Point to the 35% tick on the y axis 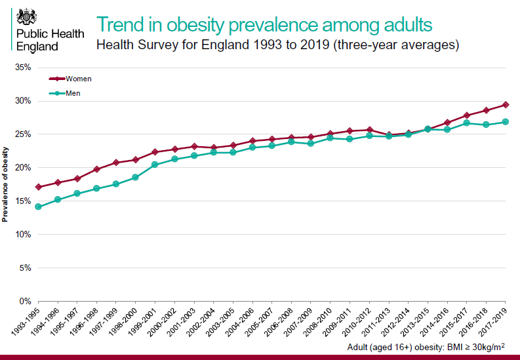22,68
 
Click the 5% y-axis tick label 24,268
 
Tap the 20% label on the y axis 22,168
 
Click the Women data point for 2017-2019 506,105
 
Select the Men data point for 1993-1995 38,207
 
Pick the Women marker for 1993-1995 38,187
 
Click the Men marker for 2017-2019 506,122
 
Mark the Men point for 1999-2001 155,165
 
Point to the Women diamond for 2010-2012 369,130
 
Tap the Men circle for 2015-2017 467,123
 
